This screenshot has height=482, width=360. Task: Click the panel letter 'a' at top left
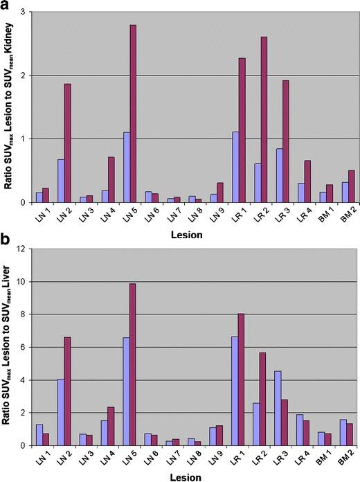point(8,7)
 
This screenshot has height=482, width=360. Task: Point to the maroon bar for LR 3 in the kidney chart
point(285,141)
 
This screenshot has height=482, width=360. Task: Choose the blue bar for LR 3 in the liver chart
point(277,408)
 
